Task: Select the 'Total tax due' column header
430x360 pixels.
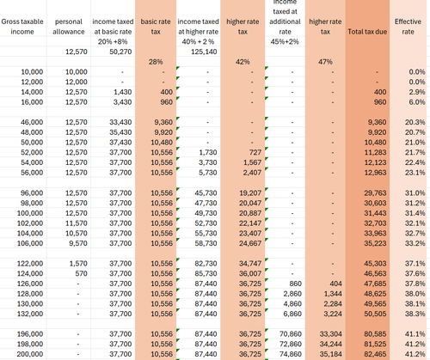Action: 368,31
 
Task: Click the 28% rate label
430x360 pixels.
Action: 156,61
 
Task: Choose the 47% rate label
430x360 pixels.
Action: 324,61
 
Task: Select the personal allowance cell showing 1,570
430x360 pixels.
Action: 78,262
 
